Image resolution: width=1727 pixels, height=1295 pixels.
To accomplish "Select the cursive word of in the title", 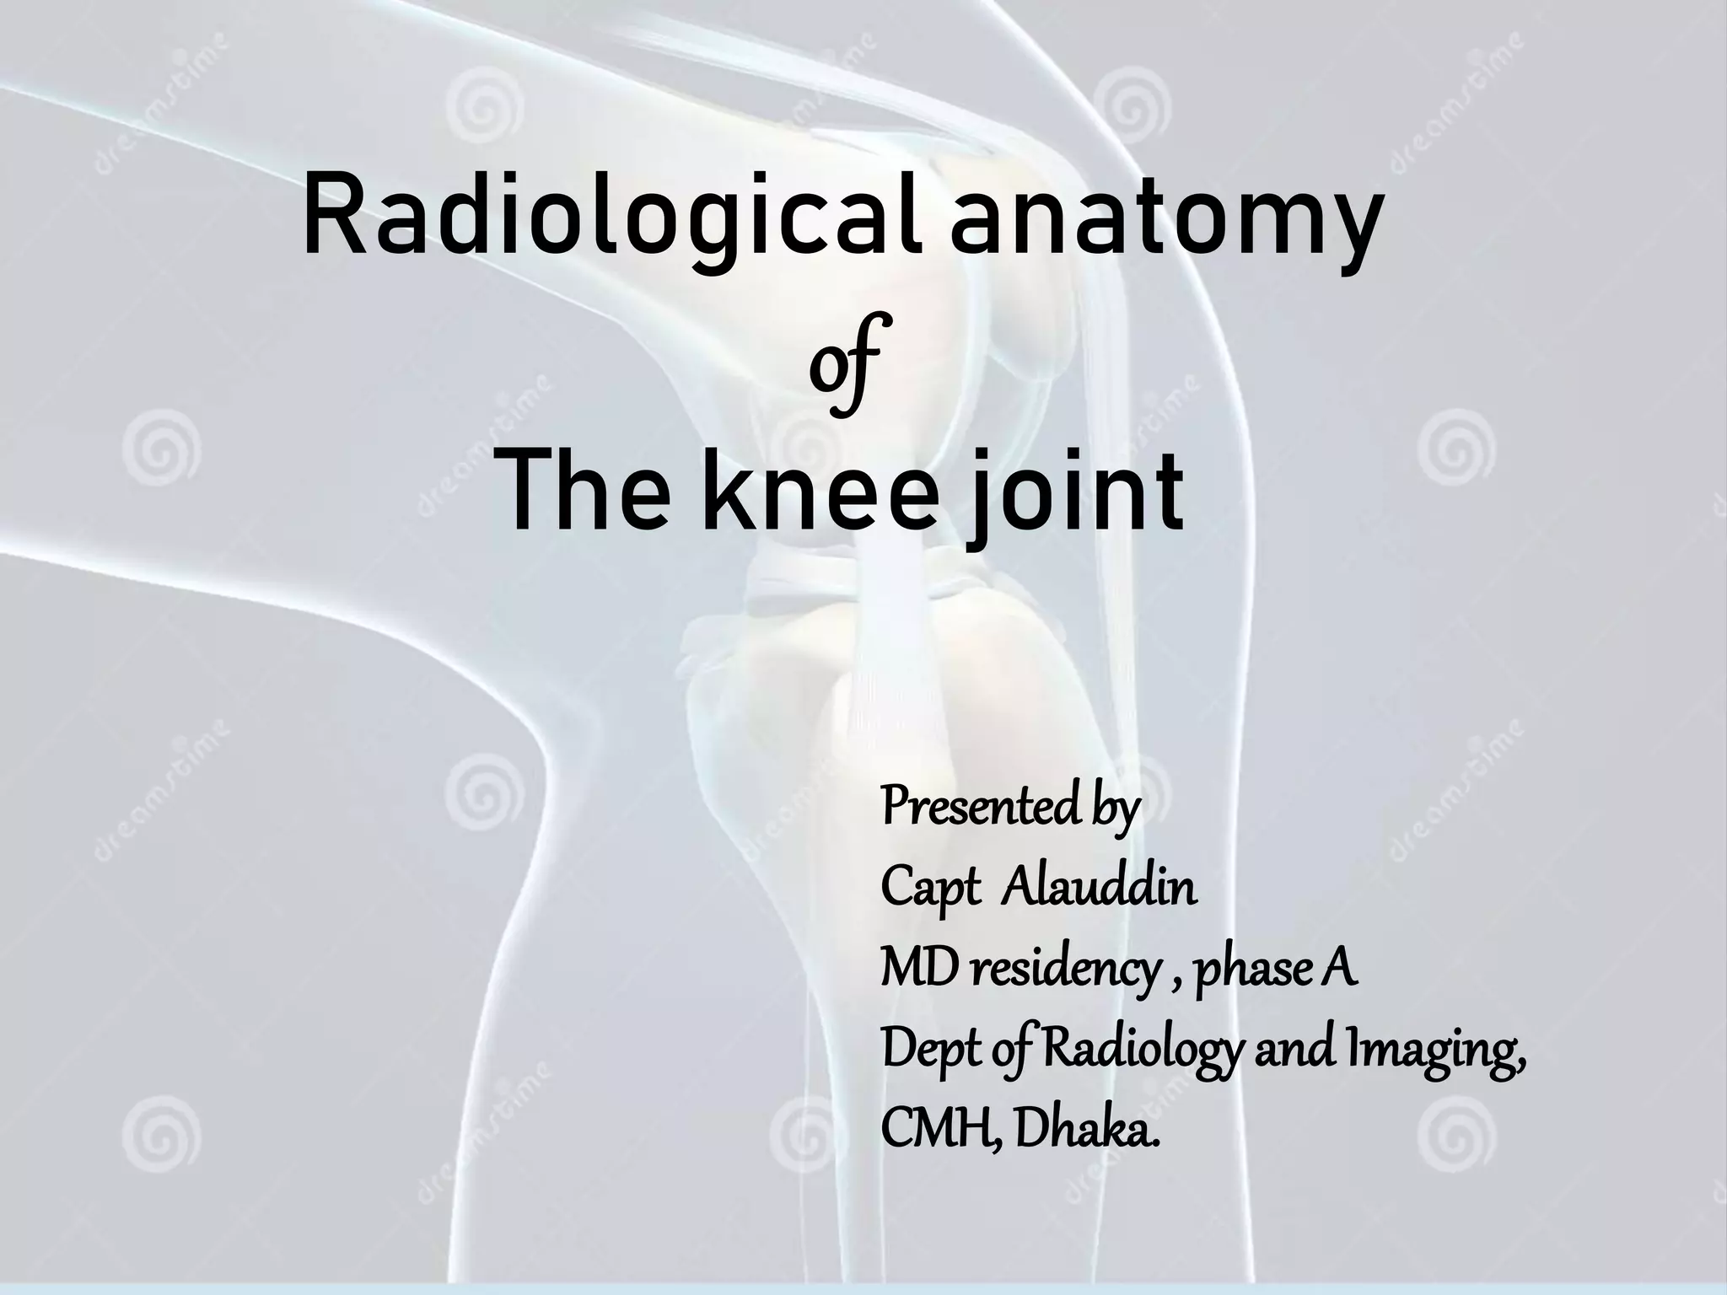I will pos(844,363).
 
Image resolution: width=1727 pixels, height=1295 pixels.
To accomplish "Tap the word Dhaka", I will pos(1087,1130).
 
